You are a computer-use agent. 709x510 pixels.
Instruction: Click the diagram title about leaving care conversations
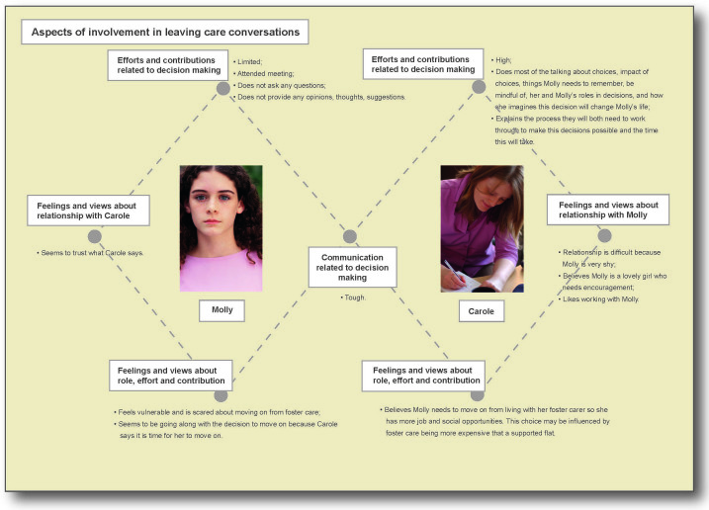pos(165,32)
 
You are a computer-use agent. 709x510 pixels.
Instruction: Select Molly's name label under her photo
pos(222,310)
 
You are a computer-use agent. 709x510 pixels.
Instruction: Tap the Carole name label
pos(482,311)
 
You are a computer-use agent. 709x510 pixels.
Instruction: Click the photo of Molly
pos(222,228)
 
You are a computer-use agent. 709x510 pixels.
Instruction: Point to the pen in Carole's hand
pos(455,271)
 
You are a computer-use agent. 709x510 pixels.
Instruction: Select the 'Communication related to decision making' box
pos(353,267)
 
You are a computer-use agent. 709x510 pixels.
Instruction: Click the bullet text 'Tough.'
pos(353,297)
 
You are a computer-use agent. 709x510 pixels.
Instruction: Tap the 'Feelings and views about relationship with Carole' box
pos(88,211)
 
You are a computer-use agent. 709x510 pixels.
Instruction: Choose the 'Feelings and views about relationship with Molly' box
pos(608,210)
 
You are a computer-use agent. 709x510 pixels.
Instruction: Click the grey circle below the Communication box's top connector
pos(350,236)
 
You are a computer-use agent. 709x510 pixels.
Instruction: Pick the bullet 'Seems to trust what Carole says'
pos(90,253)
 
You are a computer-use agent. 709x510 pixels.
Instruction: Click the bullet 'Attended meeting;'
pos(264,74)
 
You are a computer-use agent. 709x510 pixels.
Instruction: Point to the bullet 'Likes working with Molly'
pos(598,298)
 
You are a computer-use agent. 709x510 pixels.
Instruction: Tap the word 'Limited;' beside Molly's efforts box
pos(248,62)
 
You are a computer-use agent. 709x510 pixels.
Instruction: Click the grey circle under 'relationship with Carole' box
pos(95,236)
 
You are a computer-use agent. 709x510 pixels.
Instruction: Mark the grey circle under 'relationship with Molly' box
pos(604,235)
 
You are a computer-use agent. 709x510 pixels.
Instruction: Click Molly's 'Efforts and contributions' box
pos(168,65)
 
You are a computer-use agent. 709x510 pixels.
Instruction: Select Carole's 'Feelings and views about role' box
pos(423,376)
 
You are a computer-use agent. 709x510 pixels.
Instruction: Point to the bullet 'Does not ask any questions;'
pos(280,85)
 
